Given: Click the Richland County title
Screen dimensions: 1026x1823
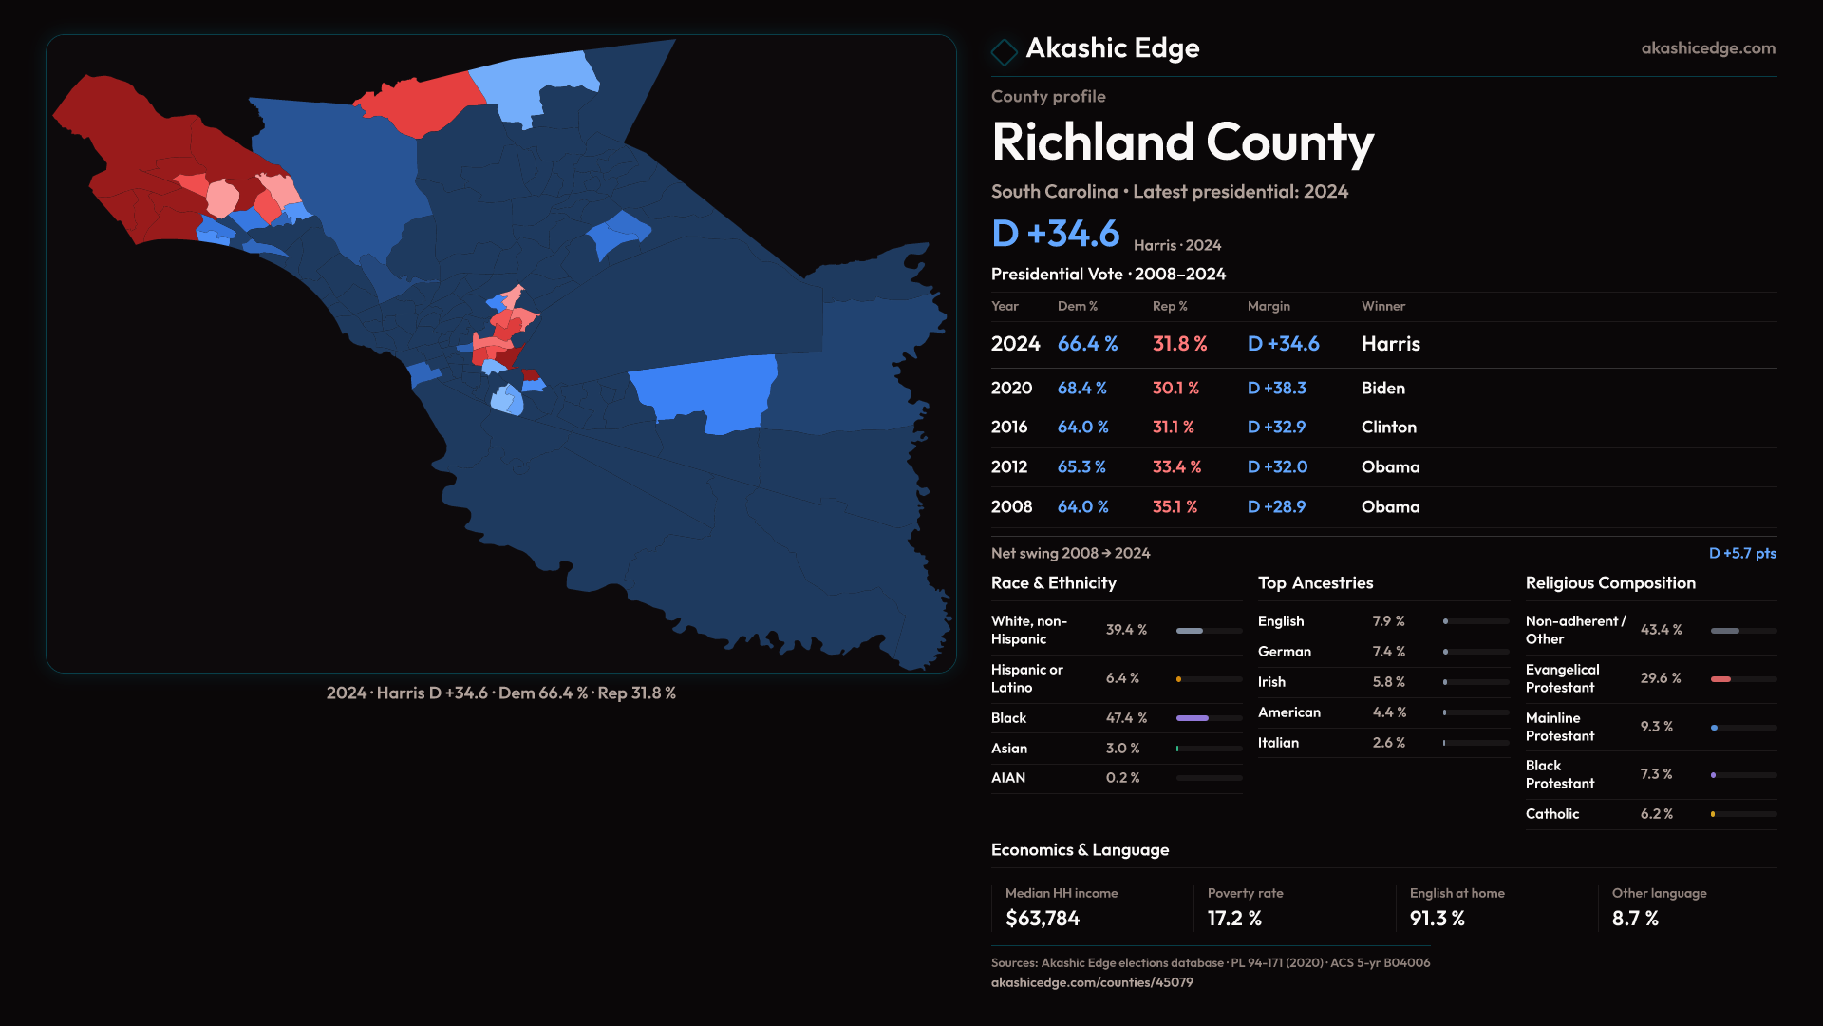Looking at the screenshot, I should click(x=1182, y=142).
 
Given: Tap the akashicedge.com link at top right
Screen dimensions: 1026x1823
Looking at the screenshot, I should click(x=1708, y=48).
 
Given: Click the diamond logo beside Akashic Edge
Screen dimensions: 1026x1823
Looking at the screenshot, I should click(x=1004, y=50).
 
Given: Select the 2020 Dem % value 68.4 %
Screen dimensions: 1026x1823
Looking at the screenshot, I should click(x=1081, y=389).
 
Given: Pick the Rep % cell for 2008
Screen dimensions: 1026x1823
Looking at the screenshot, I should click(x=1175, y=507).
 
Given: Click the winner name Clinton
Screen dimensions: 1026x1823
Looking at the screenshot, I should click(x=1388, y=427).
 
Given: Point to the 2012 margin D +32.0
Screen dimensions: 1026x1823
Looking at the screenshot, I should click(x=1277, y=467).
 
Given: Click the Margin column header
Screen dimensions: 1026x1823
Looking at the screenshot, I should click(x=1269, y=306).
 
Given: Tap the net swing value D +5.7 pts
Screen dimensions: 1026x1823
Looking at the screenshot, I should click(x=1742, y=553).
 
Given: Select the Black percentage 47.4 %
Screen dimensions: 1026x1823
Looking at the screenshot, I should click(x=1126, y=718).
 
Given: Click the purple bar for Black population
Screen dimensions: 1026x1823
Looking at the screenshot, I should click(x=1193, y=718).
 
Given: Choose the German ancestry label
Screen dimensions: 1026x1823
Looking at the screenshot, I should click(x=1284, y=652).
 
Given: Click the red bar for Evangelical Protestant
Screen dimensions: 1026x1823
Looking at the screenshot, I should click(x=1720, y=679).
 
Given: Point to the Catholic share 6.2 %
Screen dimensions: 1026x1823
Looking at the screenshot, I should click(x=1656, y=814).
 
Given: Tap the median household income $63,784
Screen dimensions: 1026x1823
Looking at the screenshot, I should click(x=1043, y=919).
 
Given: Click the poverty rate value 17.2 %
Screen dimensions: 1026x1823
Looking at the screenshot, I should click(x=1234, y=919).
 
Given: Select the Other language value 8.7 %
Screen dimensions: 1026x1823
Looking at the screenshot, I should click(x=1635, y=919).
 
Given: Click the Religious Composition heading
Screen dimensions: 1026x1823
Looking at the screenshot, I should click(x=1610, y=583).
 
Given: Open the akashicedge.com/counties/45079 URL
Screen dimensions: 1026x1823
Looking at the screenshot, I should click(x=1092, y=982).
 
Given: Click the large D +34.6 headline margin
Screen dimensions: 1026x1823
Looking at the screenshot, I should click(x=1056, y=234).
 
